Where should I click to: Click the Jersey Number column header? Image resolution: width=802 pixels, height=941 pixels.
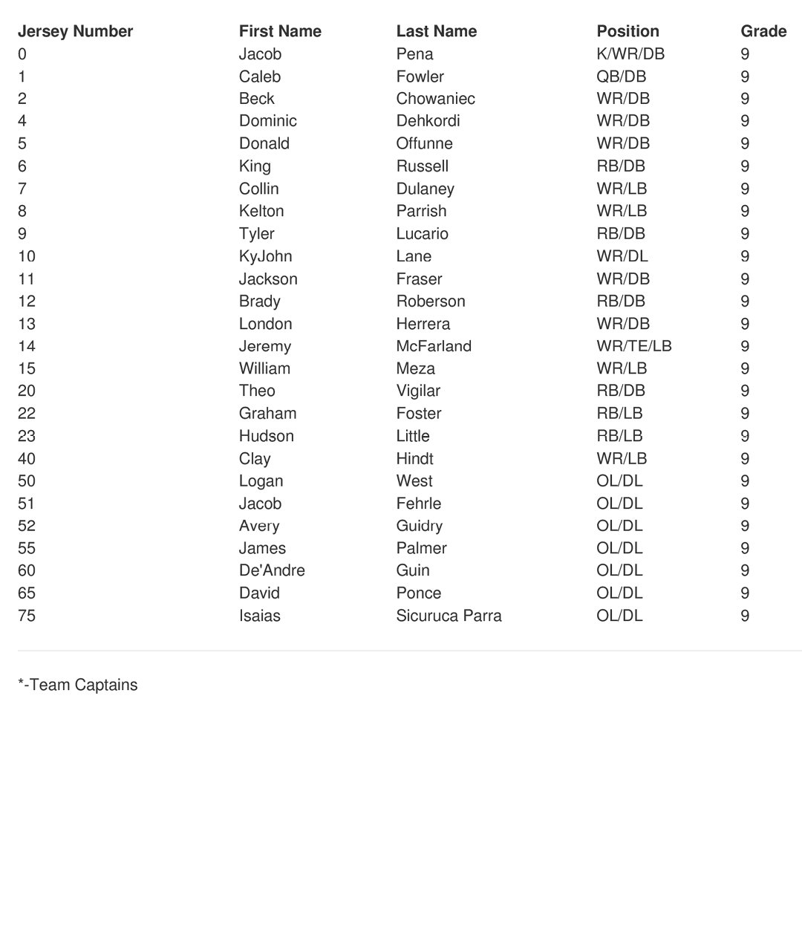pos(75,31)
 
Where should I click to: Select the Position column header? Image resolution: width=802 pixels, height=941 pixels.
pos(627,31)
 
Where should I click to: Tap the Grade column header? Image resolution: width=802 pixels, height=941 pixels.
pos(763,31)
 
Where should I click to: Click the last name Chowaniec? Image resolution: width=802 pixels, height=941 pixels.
pos(435,99)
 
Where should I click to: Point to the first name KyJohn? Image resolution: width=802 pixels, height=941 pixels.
pos(265,256)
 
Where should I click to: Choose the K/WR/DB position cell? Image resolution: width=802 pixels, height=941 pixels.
pos(630,54)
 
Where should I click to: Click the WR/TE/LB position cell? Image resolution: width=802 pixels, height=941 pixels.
pos(633,346)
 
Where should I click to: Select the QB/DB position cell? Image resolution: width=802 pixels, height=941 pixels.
pos(621,76)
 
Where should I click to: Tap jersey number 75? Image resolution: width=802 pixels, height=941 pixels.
pos(27,616)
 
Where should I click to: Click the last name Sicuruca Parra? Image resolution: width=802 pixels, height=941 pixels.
pos(449,616)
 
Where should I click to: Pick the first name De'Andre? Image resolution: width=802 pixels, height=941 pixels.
pos(272,570)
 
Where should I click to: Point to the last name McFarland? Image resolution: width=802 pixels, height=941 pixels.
pos(434,346)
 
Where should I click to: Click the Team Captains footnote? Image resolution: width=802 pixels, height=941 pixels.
pos(78,685)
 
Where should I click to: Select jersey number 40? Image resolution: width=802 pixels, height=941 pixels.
pos(27,458)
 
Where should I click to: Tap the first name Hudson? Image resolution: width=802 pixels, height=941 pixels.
pos(266,436)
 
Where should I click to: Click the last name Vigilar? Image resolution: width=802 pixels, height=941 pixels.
pos(418,391)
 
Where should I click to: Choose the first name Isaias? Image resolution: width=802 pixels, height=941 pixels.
pos(259,616)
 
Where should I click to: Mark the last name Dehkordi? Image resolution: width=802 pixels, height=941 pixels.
pos(428,121)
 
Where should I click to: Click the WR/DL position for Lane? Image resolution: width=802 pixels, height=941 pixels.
pos(622,256)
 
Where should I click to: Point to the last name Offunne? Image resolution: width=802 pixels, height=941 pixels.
pos(424,143)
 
